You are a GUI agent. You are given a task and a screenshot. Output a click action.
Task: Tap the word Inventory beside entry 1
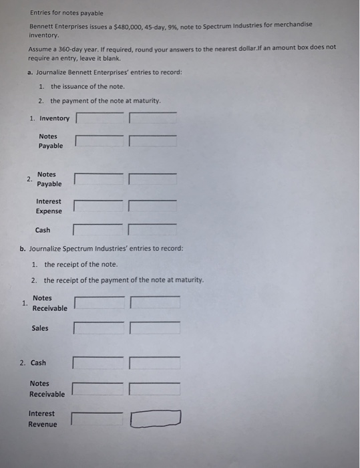click(54, 118)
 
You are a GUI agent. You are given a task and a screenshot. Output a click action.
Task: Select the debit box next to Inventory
click(100, 118)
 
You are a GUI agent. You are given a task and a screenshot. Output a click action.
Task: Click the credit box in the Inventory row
click(153, 118)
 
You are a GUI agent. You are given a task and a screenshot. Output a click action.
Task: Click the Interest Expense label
click(49, 206)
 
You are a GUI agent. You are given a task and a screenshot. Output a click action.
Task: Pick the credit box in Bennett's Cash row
click(153, 230)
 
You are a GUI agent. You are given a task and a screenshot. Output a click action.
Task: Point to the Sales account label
click(40, 328)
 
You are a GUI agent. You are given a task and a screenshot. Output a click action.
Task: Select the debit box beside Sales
click(100, 328)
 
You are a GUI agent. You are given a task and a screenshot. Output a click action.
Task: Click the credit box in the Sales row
click(155, 328)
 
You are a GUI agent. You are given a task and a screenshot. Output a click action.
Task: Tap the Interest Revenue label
click(43, 419)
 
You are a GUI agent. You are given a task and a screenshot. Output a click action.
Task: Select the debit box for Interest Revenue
click(98, 419)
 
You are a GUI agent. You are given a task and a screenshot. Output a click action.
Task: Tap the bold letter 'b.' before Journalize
click(23, 249)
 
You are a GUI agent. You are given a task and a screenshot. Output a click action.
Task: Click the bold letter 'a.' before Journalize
click(31, 72)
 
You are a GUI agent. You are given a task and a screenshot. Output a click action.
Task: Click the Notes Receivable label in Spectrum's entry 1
click(49, 303)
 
